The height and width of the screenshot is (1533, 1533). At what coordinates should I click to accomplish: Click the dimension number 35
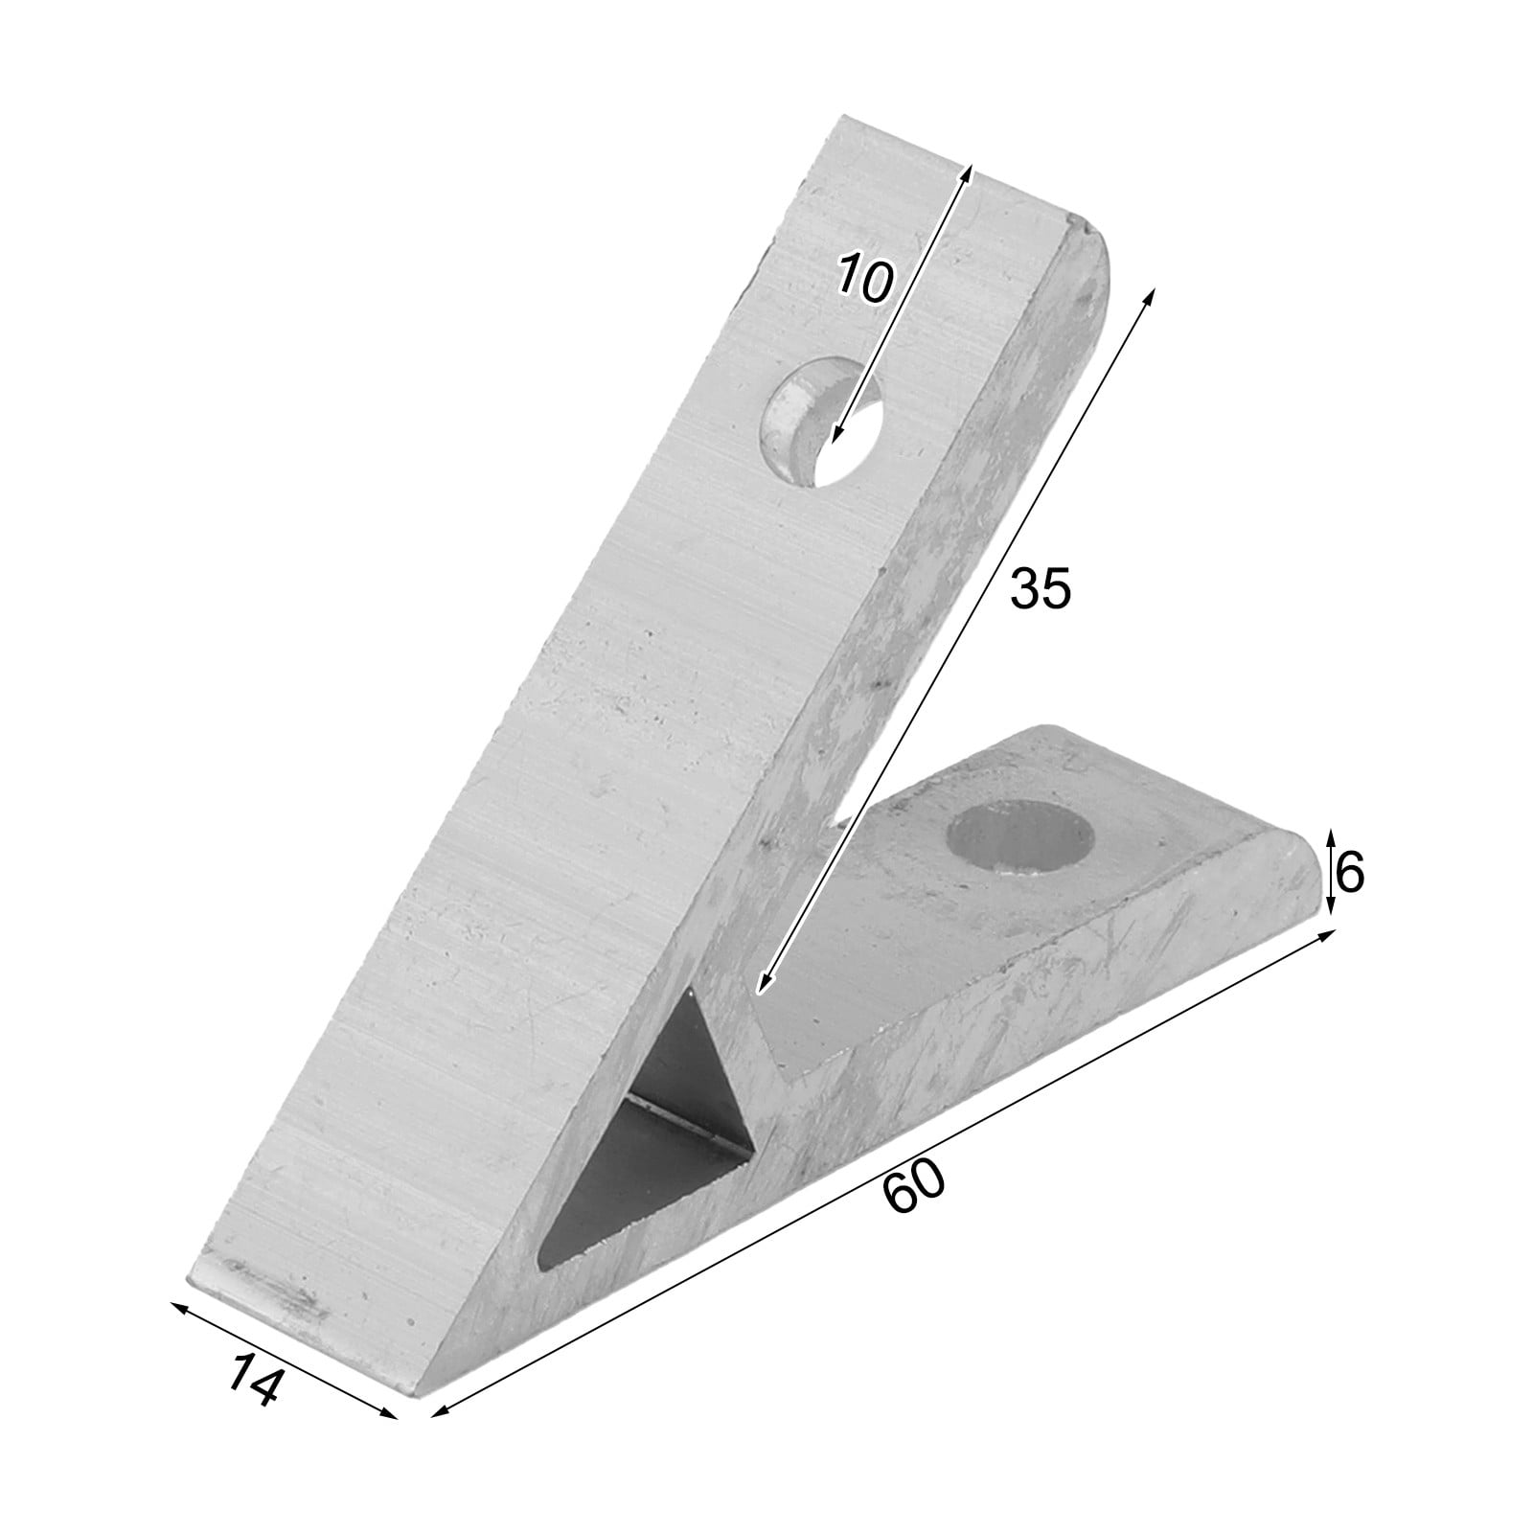[1040, 588]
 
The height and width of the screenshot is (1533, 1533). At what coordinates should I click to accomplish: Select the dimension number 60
[913, 1186]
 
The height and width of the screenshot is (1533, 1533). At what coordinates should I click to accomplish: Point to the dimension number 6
[1348, 873]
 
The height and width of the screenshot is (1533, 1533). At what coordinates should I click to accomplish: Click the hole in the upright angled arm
[821, 423]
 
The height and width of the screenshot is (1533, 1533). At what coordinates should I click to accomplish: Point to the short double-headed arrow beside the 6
[1330, 872]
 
